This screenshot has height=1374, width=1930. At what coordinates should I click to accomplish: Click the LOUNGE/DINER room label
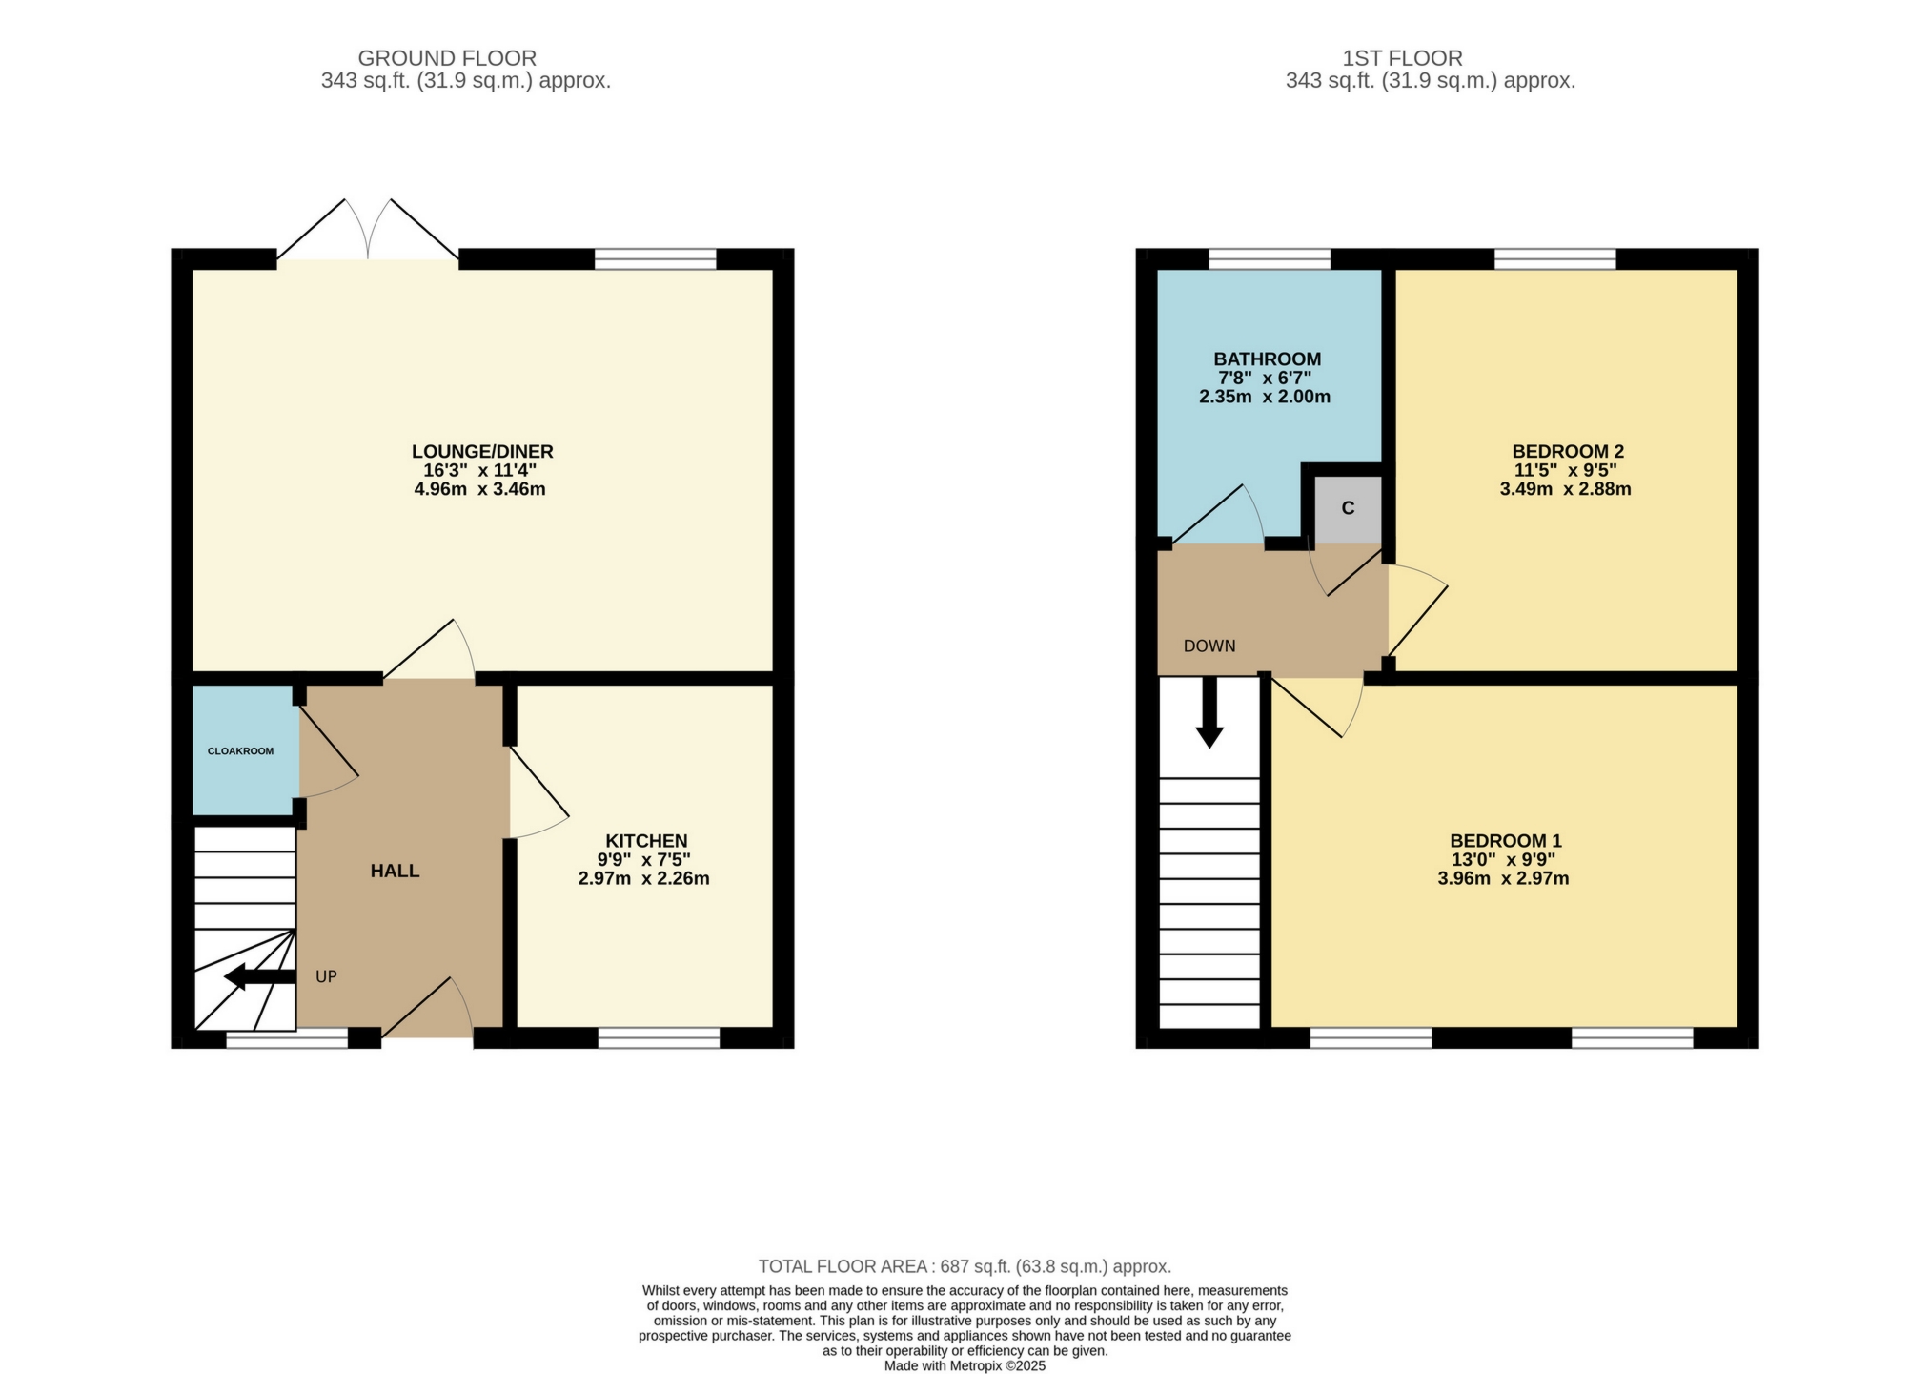[x=482, y=452]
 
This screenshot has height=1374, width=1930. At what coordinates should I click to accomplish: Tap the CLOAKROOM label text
[x=240, y=751]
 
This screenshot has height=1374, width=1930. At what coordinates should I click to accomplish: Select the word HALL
[x=395, y=871]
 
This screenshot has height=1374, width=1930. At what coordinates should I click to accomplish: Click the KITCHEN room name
[x=647, y=841]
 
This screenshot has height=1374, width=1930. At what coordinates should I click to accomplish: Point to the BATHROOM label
[x=1267, y=359]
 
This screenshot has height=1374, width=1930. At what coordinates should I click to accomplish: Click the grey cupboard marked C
[x=1348, y=508]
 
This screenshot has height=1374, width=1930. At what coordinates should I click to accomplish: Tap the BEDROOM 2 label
[x=1567, y=452]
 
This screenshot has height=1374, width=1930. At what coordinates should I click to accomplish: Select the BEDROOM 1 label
[x=1505, y=841]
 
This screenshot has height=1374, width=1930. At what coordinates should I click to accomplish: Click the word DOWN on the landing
[x=1209, y=646]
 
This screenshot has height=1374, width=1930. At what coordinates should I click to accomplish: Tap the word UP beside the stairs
[x=326, y=977]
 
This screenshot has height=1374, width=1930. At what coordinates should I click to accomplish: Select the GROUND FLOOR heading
[x=447, y=59]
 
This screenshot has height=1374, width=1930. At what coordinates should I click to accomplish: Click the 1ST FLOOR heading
[x=1402, y=59]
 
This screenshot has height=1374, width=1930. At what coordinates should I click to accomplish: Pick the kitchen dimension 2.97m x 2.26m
[x=643, y=879]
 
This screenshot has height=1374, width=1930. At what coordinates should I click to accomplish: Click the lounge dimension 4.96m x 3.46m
[x=479, y=490]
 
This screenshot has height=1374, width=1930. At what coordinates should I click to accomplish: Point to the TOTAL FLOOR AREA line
[x=965, y=1266]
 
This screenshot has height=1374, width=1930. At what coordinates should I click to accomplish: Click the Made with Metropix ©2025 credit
[x=965, y=1365]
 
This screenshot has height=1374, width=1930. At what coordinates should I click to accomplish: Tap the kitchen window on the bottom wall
[x=659, y=1037]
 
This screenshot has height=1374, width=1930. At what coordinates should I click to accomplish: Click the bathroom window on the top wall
[x=1270, y=258]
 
